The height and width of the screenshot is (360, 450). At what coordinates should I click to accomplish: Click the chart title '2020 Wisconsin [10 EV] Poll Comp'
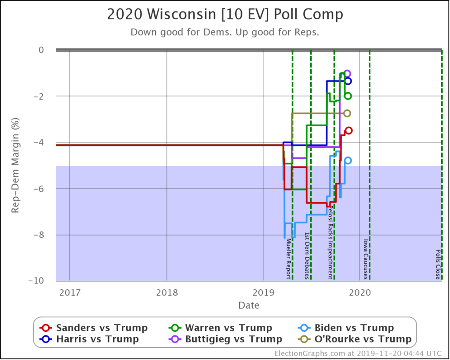pos(225,15)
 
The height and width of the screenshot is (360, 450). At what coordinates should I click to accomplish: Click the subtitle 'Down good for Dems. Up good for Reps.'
pos(225,33)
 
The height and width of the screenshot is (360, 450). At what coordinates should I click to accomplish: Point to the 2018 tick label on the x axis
pos(167,292)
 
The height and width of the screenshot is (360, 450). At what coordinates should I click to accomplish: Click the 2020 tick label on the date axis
pos(360,292)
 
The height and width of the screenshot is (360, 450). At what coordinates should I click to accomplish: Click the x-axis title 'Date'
pos(249,305)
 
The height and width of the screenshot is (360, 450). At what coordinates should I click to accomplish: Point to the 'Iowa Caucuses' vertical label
pos(366,259)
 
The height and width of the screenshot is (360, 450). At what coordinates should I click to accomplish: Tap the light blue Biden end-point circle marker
pos(348,160)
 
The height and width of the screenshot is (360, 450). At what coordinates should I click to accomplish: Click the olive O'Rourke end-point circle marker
pos(347,113)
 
